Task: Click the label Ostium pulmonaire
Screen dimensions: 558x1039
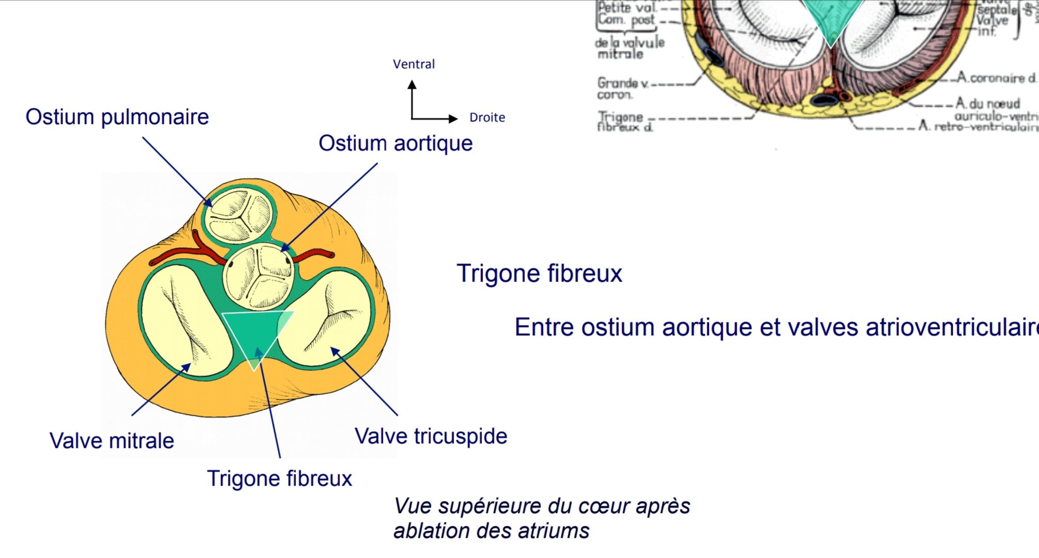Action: (117, 117)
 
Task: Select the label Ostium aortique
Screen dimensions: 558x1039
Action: (395, 144)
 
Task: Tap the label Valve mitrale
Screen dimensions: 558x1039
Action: (112, 441)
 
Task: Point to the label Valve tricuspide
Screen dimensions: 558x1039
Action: (431, 437)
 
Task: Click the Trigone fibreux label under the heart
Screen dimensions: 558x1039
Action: (280, 479)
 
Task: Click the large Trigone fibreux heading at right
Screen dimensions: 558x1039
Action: (539, 274)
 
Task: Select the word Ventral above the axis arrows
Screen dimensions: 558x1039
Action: (414, 65)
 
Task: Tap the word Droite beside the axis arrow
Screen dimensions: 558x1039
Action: (487, 118)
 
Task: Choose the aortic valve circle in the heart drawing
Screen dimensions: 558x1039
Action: (258, 276)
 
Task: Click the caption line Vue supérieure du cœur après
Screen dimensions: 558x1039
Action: (542, 506)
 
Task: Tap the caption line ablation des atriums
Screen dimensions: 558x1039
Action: (491, 531)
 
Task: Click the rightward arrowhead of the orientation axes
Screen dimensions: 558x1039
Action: (453, 119)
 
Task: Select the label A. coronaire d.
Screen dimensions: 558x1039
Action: (996, 78)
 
